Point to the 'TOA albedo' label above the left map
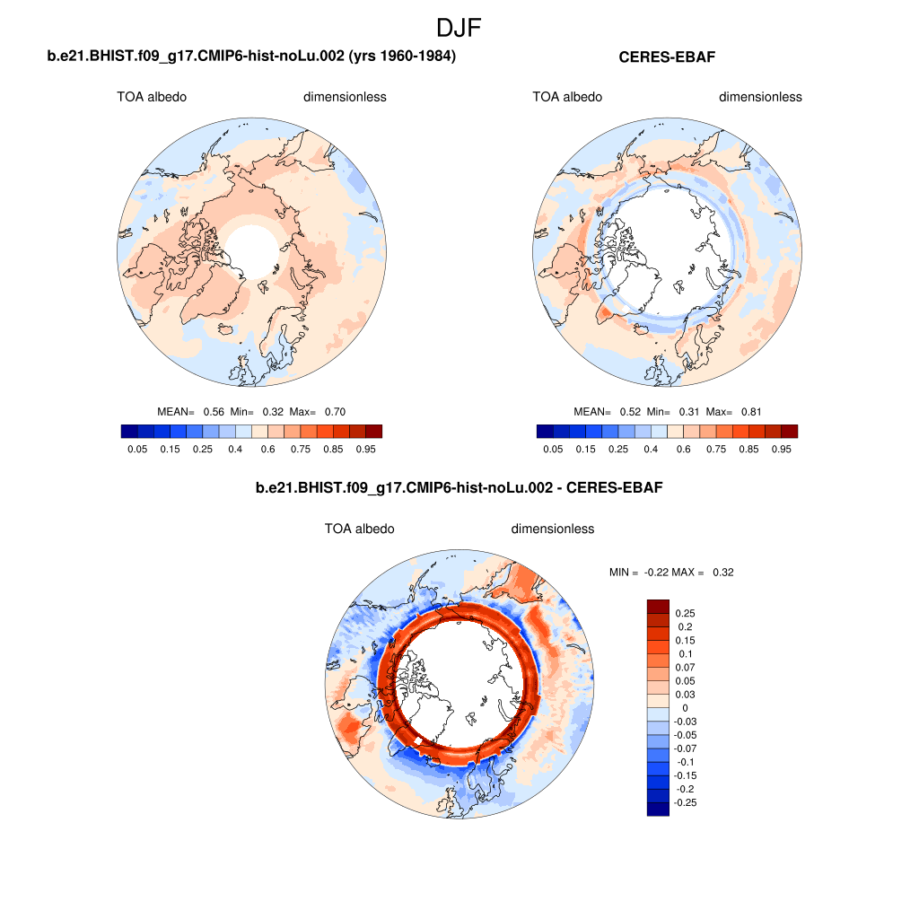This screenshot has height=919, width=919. click(152, 97)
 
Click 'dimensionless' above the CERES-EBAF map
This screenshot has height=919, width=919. click(760, 97)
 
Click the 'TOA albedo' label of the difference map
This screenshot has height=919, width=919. click(359, 529)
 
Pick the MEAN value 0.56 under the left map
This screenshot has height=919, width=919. click(214, 412)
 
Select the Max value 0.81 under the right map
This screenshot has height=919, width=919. click(749, 412)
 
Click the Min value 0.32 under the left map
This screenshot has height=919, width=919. click(273, 412)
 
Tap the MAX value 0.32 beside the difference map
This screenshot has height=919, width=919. click(722, 572)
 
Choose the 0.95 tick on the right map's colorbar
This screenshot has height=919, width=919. click(781, 448)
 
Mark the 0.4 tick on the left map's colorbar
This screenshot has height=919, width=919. click(235, 448)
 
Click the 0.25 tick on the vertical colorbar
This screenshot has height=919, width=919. click(686, 614)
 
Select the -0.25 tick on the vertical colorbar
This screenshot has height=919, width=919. click(685, 802)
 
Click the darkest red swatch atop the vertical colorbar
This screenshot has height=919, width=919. click(659, 606)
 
